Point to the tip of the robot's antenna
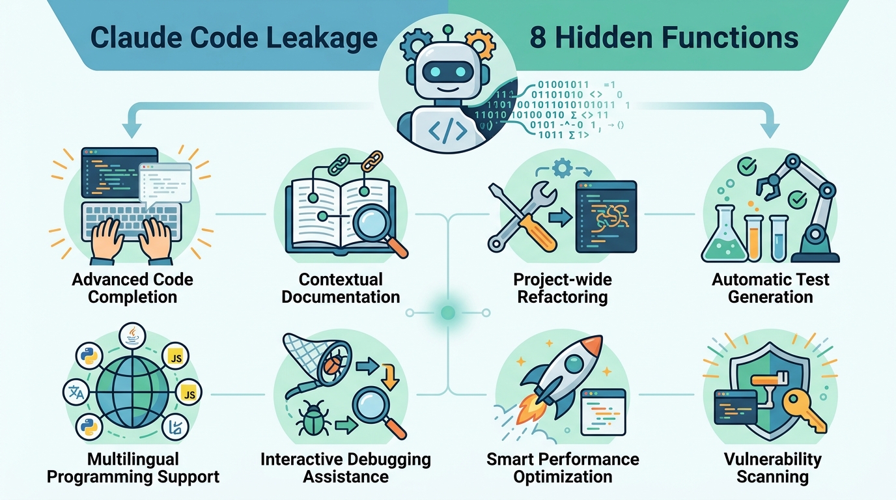[x=448, y=29]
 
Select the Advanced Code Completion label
[x=132, y=288]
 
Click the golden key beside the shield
[x=805, y=412]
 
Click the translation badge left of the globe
[x=76, y=393]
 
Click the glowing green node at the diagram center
[x=447, y=312]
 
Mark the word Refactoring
[x=563, y=297]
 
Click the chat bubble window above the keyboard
[x=165, y=185]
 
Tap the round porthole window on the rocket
[x=574, y=364]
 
